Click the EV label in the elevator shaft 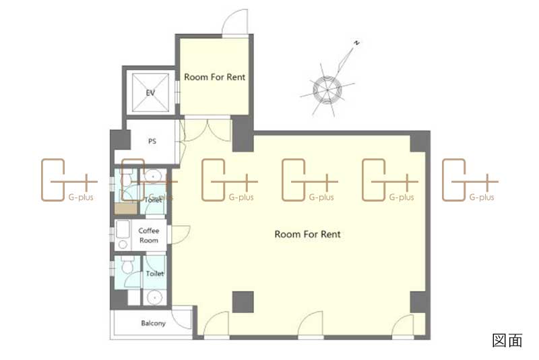click(x=150, y=93)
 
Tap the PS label click(x=152, y=141)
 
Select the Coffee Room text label click(x=149, y=235)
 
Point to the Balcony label click(x=154, y=323)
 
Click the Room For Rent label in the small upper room click(x=215, y=77)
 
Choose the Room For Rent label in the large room click(x=308, y=234)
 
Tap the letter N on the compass click(x=357, y=43)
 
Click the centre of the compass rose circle click(x=327, y=90)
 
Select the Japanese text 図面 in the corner click(x=507, y=340)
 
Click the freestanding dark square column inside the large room click(x=243, y=302)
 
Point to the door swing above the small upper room click(x=235, y=22)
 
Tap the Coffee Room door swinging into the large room click(x=181, y=235)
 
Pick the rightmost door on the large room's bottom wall click(x=403, y=326)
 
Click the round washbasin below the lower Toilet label click(x=154, y=298)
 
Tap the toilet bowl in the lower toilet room click(x=127, y=265)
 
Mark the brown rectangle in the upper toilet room click(x=126, y=209)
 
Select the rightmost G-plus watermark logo click(x=470, y=180)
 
